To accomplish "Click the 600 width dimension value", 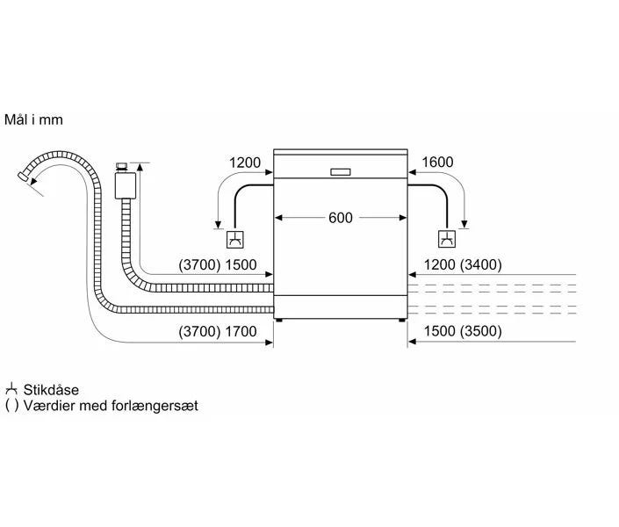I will click(x=341, y=218).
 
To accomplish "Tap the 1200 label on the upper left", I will click(x=245, y=162).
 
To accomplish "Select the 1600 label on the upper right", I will click(x=437, y=162).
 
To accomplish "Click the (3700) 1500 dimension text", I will click(x=217, y=265).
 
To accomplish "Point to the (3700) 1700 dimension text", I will click(x=217, y=331).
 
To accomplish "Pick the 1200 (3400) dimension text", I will click(x=463, y=265).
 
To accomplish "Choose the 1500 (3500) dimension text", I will click(x=462, y=331).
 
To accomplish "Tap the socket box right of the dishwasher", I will click(x=447, y=239).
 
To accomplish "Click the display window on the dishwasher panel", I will click(x=341, y=172).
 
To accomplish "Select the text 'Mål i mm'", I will click(x=33, y=119).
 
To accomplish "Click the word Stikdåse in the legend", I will click(x=52, y=389).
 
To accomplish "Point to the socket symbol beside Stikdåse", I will click(x=11, y=389).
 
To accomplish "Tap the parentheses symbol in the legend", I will click(x=11, y=406).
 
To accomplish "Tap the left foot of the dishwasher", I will click(x=280, y=321).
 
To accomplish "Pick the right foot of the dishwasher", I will click(x=401, y=321).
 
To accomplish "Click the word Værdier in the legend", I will click(x=49, y=406).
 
